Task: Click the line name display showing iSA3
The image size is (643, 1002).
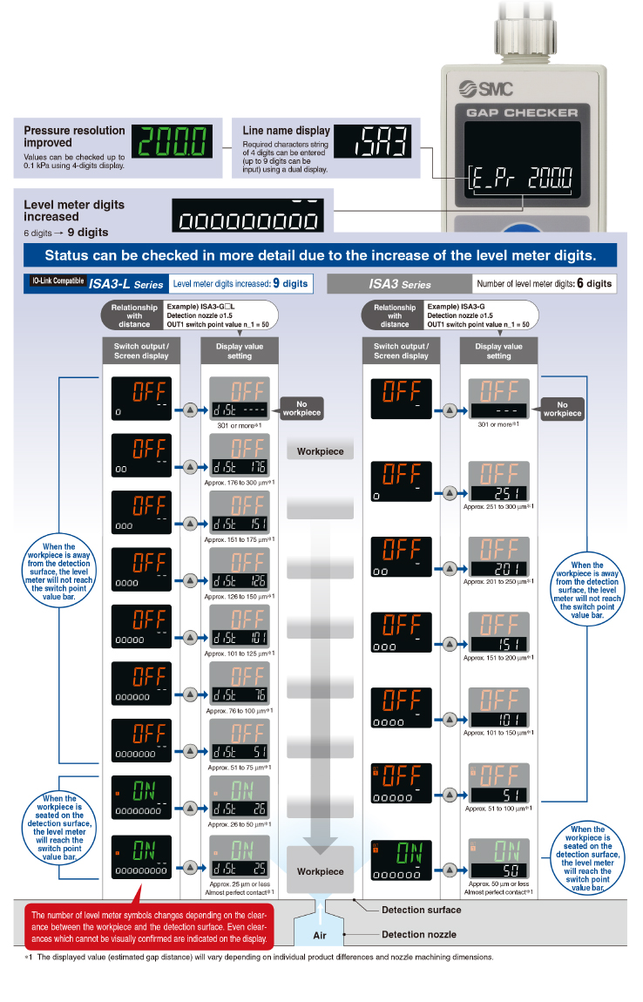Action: coord(372,141)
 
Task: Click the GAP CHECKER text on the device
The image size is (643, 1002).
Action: coord(522,112)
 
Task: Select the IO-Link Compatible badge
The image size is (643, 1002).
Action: coord(57,281)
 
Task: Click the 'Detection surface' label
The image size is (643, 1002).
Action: coord(422,910)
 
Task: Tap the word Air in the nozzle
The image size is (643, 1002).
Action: coord(320,934)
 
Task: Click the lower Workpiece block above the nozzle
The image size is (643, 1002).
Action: coord(320,871)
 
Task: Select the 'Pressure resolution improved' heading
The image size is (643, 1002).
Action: coord(75,136)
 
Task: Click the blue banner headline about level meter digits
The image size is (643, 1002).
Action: coord(321,255)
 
